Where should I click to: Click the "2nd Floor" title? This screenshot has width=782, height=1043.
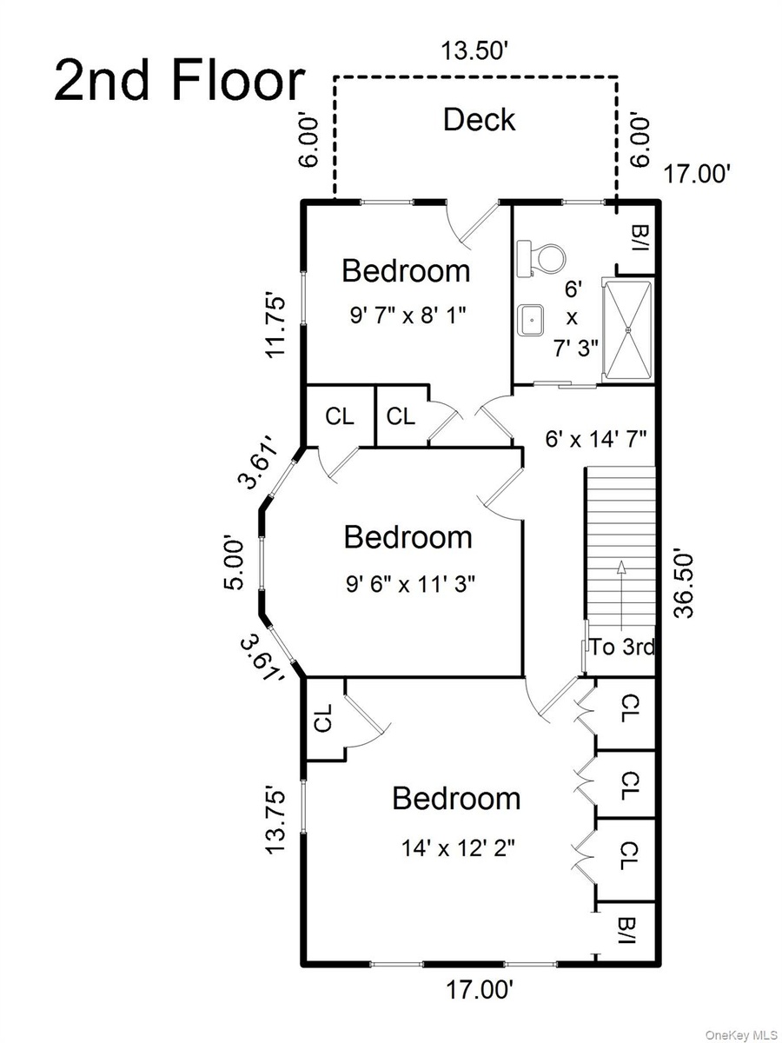pyautogui.click(x=179, y=81)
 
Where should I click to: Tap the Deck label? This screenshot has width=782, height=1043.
pyautogui.click(x=479, y=119)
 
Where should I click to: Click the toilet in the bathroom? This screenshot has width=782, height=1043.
pyautogui.click(x=541, y=258)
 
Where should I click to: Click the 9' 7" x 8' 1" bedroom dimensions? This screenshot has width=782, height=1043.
pyautogui.click(x=408, y=315)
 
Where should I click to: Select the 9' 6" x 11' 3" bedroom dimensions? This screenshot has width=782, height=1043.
pyautogui.click(x=410, y=583)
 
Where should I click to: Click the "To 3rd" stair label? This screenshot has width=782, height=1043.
pyautogui.click(x=622, y=647)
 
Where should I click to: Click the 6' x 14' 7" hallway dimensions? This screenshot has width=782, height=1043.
pyautogui.click(x=596, y=439)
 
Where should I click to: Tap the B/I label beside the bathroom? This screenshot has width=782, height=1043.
pyautogui.click(x=636, y=237)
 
